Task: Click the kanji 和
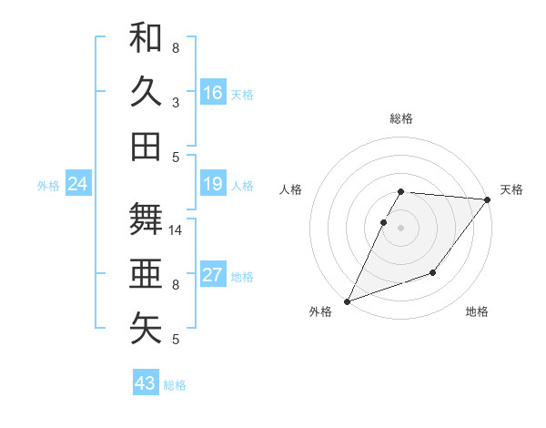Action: (x=146, y=38)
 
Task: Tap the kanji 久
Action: (x=146, y=91)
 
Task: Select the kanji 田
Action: (x=146, y=146)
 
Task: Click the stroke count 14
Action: (x=177, y=230)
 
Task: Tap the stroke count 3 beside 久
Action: (x=176, y=102)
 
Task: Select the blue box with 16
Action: (x=212, y=92)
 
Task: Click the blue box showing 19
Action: (x=212, y=184)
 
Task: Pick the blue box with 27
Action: (x=212, y=275)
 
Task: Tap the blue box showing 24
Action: (x=77, y=185)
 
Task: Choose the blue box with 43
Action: (x=146, y=383)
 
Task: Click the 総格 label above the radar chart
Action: (x=400, y=118)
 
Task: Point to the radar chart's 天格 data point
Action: (x=488, y=200)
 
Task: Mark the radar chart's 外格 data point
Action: (x=347, y=301)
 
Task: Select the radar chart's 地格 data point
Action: (x=433, y=272)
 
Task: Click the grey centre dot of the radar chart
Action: (x=400, y=228)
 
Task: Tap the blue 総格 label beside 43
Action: (x=175, y=385)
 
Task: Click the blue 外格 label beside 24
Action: (x=48, y=186)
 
